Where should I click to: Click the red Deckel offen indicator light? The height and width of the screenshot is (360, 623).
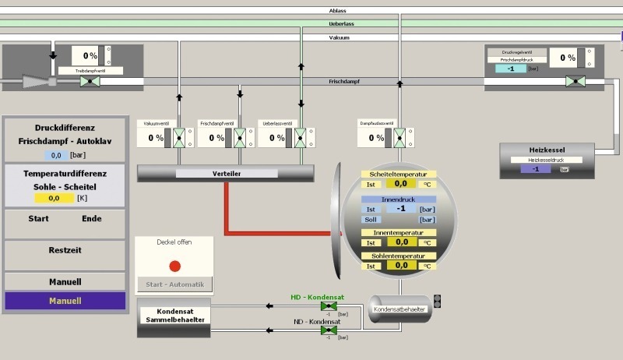coord(174,266)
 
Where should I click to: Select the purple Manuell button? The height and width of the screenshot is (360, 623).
coord(65,301)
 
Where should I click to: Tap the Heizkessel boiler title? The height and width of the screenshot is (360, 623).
coord(546,150)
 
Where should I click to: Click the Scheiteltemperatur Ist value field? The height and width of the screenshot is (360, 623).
coord(400,184)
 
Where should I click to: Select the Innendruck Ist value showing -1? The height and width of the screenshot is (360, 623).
coord(400,209)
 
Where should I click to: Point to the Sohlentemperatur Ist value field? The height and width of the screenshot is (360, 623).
coord(400,266)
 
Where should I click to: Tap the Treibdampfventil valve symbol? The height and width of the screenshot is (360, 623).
coord(89,81)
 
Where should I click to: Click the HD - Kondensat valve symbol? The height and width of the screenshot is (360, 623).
coord(324,306)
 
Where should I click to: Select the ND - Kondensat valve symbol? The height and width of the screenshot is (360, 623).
coord(324,330)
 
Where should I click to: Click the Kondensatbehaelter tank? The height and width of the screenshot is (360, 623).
coord(399,308)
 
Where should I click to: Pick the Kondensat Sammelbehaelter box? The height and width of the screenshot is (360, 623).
coord(174,316)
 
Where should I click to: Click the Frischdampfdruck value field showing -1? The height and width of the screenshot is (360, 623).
coord(510,69)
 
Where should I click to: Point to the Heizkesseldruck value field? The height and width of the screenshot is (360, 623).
coord(535,168)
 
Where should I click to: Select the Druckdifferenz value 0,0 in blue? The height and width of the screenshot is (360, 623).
coord(55,155)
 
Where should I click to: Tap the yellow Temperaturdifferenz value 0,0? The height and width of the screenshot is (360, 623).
coord(55,199)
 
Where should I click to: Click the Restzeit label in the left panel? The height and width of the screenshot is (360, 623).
coord(65,250)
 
